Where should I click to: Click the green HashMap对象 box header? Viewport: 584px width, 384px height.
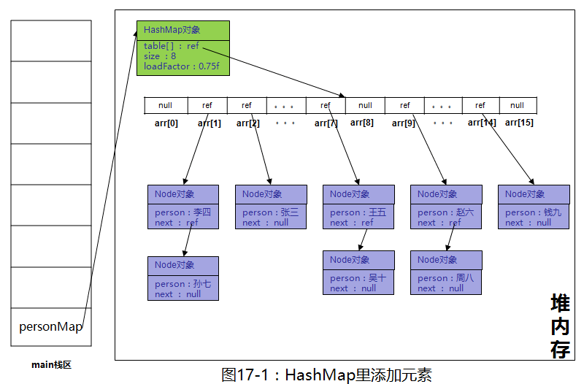(x=182, y=30)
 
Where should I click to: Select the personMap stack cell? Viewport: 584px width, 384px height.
(x=51, y=327)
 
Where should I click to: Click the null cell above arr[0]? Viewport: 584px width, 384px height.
(x=165, y=105)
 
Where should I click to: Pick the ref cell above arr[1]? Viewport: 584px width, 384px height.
(x=207, y=105)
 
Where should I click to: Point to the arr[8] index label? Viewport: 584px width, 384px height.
(x=362, y=123)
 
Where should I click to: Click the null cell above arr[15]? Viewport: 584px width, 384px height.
(x=517, y=105)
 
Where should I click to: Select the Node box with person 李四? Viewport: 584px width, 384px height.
(x=182, y=207)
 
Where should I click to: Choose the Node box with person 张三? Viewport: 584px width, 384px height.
(x=270, y=207)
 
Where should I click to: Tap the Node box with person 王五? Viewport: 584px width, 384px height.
(x=358, y=207)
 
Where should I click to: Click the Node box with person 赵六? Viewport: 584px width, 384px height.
(x=445, y=207)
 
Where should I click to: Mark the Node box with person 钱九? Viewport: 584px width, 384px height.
(x=533, y=207)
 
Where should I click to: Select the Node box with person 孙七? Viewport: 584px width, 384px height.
(x=182, y=278)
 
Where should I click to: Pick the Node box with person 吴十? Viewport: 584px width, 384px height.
(x=358, y=273)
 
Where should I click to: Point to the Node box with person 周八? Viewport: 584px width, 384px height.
(x=445, y=273)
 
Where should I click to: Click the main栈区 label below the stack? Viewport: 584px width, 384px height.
(x=51, y=364)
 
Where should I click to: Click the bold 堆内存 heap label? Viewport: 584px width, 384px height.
(x=560, y=326)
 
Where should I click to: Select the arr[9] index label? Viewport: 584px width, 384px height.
(x=403, y=123)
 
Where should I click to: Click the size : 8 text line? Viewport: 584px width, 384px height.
(x=160, y=56)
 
